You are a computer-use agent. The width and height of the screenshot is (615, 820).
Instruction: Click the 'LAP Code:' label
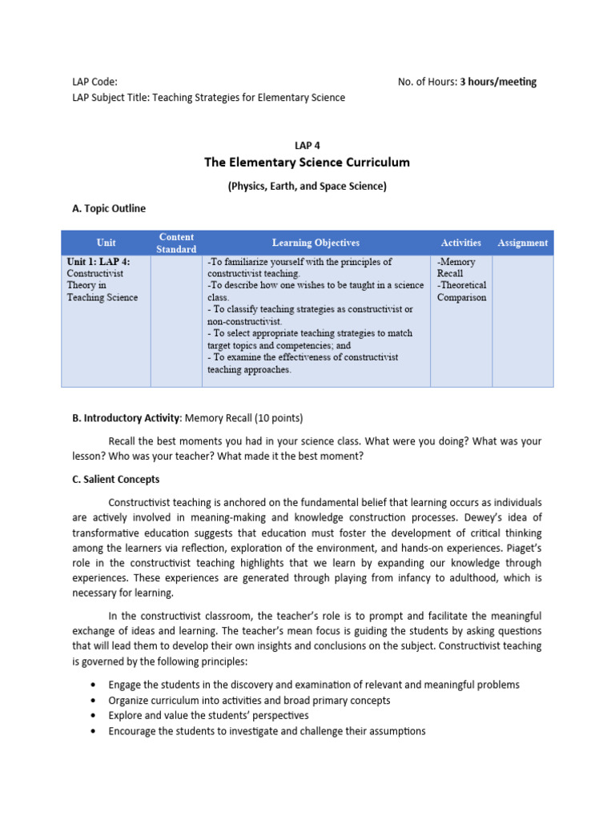[x=94, y=82]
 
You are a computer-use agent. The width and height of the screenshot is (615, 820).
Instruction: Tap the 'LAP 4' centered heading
[x=307, y=145]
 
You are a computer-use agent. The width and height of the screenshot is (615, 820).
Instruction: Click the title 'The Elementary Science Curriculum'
[x=307, y=163]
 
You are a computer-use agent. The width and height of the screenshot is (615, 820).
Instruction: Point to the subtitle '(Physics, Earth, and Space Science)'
[x=307, y=187]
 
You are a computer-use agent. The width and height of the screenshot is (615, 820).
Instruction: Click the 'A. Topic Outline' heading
[x=109, y=209]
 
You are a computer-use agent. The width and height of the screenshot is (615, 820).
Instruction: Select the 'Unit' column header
[x=106, y=243]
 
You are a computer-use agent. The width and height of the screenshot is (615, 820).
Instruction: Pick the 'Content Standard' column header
[x=176, y=243]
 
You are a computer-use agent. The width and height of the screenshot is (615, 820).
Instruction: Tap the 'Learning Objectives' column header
[x=316, y=243]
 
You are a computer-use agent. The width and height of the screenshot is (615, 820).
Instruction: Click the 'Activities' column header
[x=460, y=243]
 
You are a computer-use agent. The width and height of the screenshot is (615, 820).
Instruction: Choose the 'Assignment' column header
[x=523, y=243]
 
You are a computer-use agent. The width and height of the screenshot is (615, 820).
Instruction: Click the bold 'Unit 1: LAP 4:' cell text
[x=98, y=262]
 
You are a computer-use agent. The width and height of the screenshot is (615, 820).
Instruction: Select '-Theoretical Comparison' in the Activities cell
[x=461, y=291]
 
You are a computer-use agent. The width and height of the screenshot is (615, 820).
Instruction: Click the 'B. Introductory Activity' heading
[x=127, y=418]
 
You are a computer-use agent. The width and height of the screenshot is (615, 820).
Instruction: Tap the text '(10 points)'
[x=278, y=418]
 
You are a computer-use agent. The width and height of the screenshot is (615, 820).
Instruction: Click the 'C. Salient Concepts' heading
[x=115, y=480]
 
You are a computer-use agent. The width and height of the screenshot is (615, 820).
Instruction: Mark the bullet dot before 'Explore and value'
[x=95, y=716]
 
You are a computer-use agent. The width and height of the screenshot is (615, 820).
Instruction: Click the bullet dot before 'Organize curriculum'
[x=95, y=701]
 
